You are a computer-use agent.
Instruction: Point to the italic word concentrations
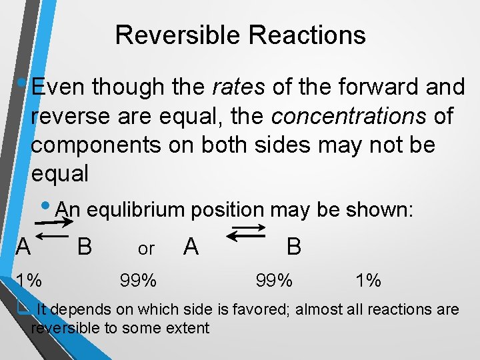tap(349, 116)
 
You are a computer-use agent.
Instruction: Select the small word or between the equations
tap(146, 249)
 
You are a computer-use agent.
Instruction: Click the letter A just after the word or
tap(191, 247)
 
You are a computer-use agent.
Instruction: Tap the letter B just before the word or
tap(84, 247)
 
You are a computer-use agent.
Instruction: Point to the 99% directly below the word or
tap(138, 281)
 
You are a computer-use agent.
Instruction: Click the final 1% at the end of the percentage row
tap(368, 281)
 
